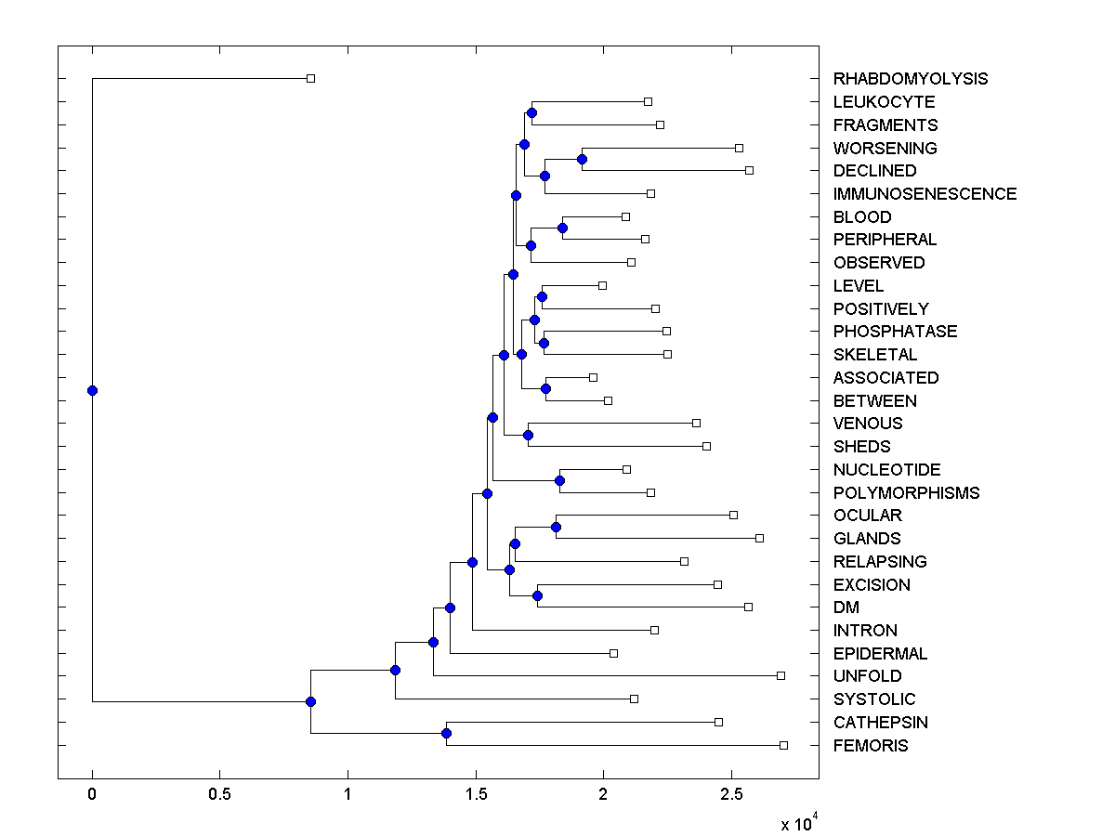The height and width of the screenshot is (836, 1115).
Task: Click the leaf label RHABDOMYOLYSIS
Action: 911,79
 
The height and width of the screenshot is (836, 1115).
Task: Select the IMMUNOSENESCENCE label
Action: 925,194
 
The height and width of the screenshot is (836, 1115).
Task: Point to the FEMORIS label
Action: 871,746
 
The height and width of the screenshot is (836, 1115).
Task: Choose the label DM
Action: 846,607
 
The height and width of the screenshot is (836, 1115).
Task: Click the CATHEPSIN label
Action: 880,723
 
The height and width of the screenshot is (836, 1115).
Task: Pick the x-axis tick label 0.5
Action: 219,795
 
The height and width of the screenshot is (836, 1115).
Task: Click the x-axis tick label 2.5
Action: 730,795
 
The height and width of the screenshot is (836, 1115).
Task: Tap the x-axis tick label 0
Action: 92,795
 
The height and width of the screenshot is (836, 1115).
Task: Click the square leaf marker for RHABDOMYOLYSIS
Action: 311,78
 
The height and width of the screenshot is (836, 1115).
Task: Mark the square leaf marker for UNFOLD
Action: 780,675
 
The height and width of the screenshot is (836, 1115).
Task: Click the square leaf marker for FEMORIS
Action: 783,745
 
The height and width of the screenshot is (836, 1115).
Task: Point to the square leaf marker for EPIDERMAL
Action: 613,653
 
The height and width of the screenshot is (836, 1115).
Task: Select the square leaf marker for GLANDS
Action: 759,538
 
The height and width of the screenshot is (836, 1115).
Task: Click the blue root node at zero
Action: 92,390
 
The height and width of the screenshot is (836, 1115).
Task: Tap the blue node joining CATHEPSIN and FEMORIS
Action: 446,734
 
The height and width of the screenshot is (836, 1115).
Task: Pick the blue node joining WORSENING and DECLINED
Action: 582,159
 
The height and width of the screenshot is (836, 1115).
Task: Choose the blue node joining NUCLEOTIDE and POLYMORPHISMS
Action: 559,480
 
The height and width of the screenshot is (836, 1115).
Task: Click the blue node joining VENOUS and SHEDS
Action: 528,435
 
